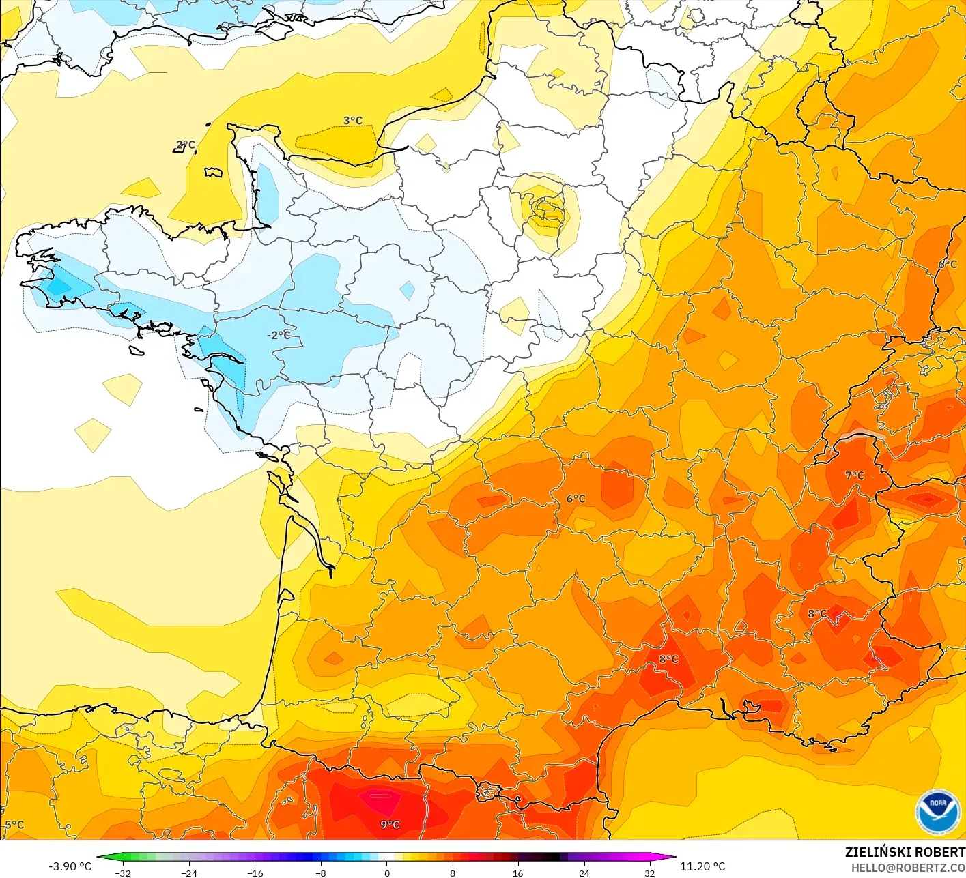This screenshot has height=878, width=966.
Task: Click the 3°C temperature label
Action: [353, 121]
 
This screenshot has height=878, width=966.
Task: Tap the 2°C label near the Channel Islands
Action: [185, 145]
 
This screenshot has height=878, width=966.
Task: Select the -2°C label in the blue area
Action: [278, 335]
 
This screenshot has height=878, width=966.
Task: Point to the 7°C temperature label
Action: [854, 475]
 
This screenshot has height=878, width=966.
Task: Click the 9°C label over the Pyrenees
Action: [390, 825]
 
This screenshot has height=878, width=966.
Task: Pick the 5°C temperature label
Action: [14, 825]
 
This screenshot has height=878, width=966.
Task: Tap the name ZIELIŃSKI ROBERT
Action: [905, 852]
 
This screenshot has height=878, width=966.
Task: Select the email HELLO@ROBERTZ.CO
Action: [907, 868]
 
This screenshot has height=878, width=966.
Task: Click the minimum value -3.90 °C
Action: [70, 866]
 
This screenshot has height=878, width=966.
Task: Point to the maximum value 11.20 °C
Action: [702, 866]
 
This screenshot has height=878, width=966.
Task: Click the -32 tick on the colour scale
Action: [123, 873]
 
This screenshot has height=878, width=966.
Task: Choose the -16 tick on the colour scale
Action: [255, 873]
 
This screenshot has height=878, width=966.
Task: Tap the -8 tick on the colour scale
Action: [321, 873]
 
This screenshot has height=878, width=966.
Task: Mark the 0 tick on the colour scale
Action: [386, 873]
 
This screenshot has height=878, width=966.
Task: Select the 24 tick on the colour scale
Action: [584, 873]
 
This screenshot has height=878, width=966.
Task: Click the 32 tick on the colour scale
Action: [649, 873]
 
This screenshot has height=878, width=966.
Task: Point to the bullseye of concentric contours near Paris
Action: [547, 208]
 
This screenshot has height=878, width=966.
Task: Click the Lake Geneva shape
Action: [862, 437]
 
